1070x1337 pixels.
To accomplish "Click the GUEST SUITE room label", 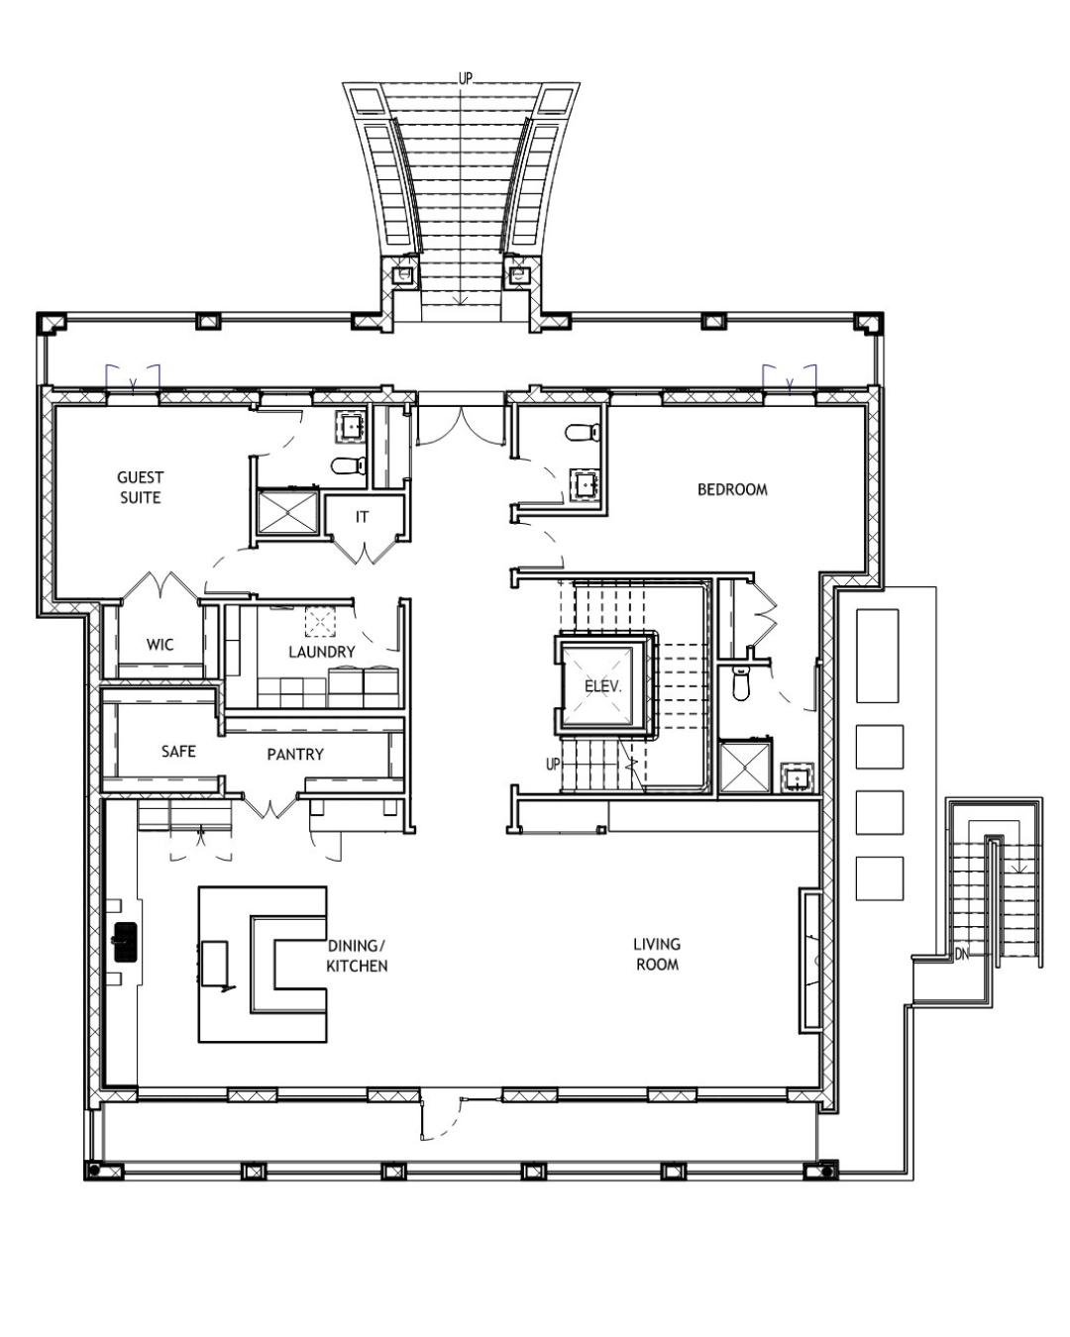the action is [x=140, y=487].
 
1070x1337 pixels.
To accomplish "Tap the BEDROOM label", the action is [x=732, y=489].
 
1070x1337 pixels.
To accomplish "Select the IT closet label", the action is [x=362, y=517].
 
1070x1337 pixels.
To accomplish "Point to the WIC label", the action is [x=160, y=645].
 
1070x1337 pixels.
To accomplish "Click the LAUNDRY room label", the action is [x=321, y=652].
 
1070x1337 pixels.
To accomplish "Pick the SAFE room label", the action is [x=178, y=751].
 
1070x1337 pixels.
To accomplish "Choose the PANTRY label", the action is [x=295, y=755].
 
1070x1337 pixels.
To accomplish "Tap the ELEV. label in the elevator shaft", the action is [x=603, y=686].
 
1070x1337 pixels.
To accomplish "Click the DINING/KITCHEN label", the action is [x=357, y=956].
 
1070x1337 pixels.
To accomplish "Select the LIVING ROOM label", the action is [x=657, y=955].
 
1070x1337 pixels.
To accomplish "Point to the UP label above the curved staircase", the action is [x=465, y=78].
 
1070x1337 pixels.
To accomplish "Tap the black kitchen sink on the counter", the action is [x=125, y=942].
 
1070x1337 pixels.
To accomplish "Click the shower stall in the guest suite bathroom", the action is [x=288, y=512].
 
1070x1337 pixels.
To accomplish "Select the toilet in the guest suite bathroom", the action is [x=348, y=464].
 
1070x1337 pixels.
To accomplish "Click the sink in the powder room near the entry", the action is [x=585, y=484].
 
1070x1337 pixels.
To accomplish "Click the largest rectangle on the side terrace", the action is [x=877, y=656].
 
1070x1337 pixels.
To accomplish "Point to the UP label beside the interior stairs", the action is [x=553, y=765].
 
